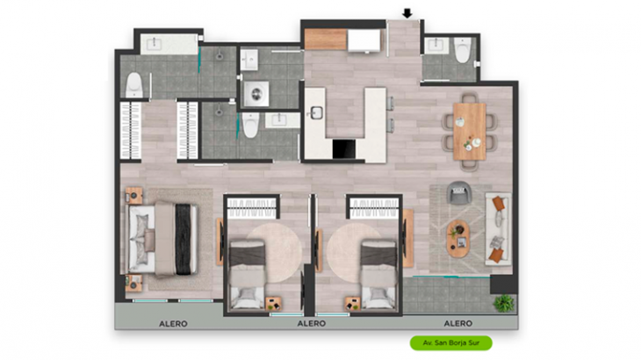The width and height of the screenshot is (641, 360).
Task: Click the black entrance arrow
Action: pos(407,14)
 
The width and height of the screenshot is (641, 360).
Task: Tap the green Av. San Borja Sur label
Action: pos(451,342)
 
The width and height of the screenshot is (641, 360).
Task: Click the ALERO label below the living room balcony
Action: pos(457,323)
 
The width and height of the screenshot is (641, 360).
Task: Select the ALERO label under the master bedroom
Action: pos(173,324)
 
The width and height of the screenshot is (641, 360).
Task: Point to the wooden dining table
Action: pos(469,131)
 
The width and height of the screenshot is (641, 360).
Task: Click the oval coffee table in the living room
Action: pos(457,239)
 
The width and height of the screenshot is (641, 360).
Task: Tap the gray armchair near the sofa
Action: pos(459,192)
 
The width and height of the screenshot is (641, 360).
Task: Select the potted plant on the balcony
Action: pos(504,303)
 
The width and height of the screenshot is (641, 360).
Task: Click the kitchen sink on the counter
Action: pos(316,112)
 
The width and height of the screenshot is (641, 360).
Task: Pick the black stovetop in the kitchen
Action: pos(344,148)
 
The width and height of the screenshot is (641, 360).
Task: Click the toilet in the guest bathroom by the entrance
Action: pos(463,50)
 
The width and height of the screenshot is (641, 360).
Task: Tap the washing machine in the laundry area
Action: pos(256,94)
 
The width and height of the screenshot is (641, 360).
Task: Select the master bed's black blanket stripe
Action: pos(184,239)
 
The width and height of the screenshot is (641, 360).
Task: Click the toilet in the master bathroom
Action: pos(134,85)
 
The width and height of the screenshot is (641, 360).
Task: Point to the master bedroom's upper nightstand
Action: pos(133,195)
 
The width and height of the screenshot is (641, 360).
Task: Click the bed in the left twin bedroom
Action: pos(247,274)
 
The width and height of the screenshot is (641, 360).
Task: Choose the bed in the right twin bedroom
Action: pos(378,274)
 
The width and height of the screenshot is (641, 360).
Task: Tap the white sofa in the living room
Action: pos(499,228)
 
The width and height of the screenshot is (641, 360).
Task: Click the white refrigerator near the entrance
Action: pos(364,40)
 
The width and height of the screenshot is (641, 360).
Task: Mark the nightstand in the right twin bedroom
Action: pos(353,304)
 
